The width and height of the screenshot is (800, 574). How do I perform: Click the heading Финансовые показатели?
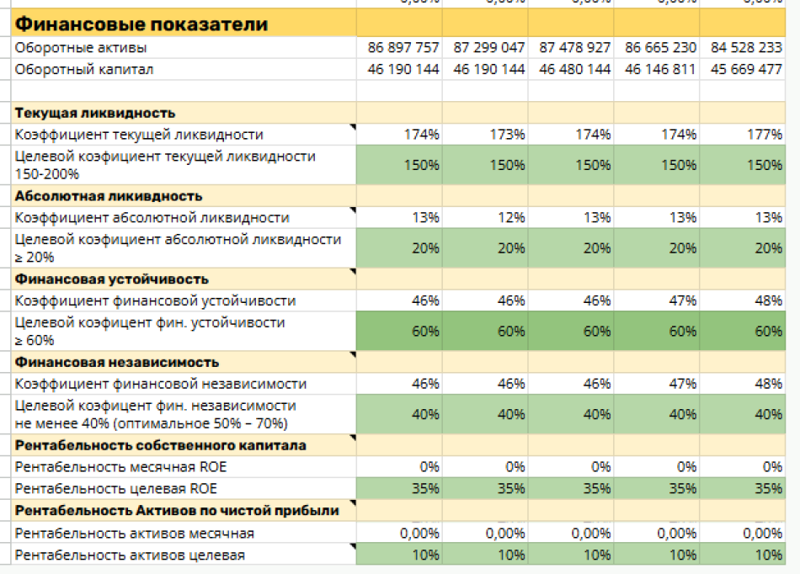click(x=141, y=24)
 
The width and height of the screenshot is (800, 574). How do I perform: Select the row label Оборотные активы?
click(x=81, y=48)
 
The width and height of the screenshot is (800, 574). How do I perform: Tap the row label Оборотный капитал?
click(x=84, y=70)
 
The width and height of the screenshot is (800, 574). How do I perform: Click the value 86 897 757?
click(x=403, y=48)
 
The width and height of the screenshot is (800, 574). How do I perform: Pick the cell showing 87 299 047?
click(x=489, y=48)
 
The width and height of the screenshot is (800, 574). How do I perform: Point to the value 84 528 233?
click(x=746, y=48)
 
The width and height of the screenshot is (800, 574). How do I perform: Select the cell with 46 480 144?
click(x=575, y=70)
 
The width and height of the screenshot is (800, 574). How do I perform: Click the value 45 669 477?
click(x=746, y=70)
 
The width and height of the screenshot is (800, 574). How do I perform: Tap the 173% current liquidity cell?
click(x=508, y=135)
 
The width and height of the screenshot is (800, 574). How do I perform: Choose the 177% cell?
click(x=765, y=135)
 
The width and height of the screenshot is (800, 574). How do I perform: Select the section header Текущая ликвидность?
click(x=95, y=113)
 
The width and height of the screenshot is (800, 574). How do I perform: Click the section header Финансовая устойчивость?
click(x=111, y=279)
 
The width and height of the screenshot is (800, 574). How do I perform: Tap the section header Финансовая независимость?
click(x=116, y=363)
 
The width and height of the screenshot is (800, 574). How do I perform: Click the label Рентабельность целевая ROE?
click(x=116, y=489)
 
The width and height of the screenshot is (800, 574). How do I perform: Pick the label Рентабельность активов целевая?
click(x=130, y=555)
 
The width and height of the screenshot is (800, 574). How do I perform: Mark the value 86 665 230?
click(x=661, y=48)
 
